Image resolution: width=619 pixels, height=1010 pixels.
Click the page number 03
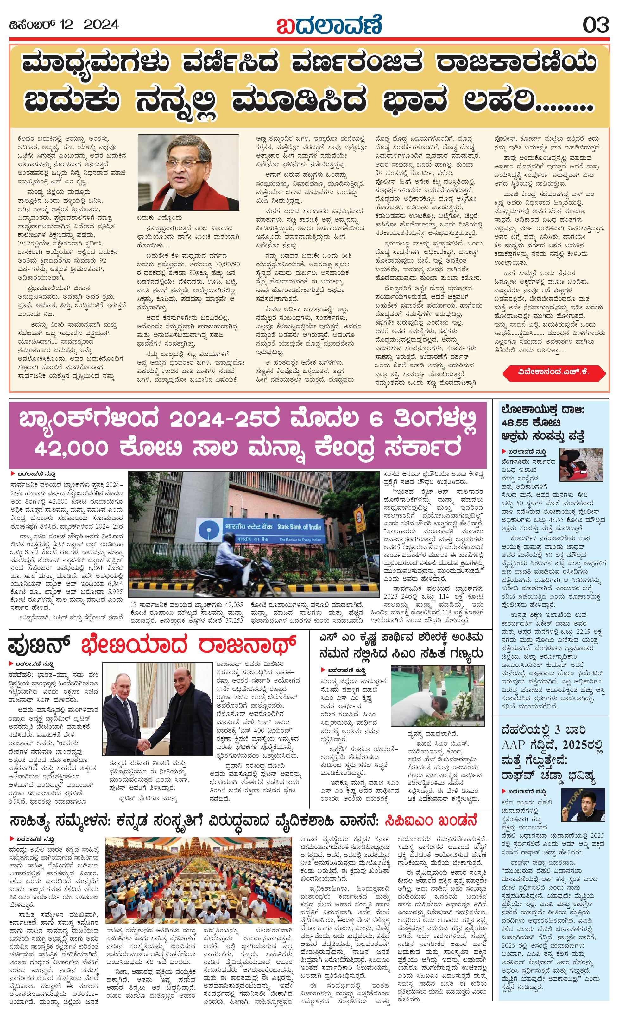coord(596,25)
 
